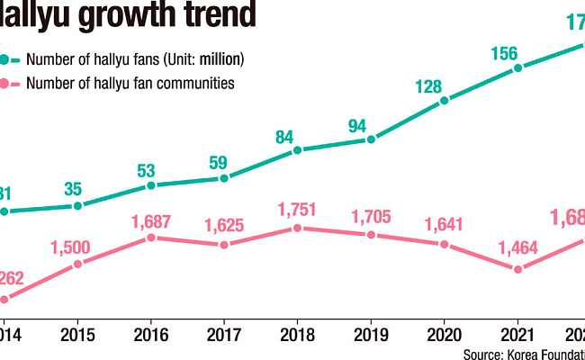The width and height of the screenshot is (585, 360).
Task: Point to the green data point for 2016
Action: click(x=151, y=185)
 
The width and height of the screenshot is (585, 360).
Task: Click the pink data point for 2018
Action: click(x=297, y=229)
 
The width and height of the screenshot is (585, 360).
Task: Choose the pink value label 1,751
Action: click(x=297, y=206)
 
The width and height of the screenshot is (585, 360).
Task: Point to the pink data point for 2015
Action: click(x=77, y=264)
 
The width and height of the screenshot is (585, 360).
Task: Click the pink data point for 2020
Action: click(x=444, y=244)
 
